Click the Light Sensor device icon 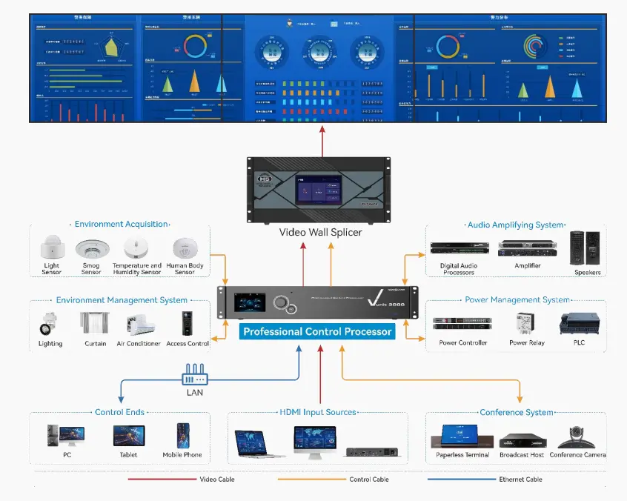[x=51, y=248]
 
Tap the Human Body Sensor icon [x=184, y=248]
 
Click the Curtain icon [x=95, y=324]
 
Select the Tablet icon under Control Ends [x=128, y=436]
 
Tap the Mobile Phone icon [x=182, y=436]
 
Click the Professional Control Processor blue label [x=317, y=332]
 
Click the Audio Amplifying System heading [x=515, y=225]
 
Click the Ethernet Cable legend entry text [x=520, y=480]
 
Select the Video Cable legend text [x=218, y=480]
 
